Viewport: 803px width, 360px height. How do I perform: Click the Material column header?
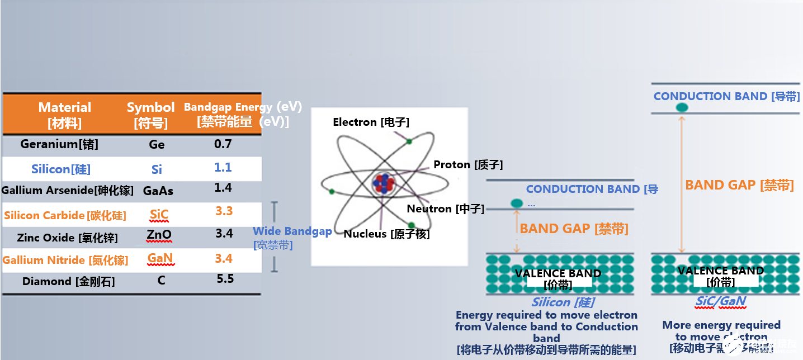coord(64,115)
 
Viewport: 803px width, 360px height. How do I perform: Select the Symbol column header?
coord(150,115)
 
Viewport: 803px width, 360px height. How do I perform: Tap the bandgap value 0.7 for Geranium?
coord(223,144)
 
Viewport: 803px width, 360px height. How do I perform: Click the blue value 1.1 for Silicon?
coord(223,168)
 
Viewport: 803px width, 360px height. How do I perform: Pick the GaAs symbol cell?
coord(158,191)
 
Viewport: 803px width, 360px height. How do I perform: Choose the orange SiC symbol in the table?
coord(159,215)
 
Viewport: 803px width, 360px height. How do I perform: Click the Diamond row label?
coord(68,282)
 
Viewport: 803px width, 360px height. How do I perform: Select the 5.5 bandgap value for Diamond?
coord(225,279)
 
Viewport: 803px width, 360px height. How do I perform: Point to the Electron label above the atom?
coord(371,122)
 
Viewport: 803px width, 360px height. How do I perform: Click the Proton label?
coord(468,164)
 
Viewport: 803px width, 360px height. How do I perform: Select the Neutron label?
coord(445,209)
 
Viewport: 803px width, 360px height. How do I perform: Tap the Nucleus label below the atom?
coord(386,234)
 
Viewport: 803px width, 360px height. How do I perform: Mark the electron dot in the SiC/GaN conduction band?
coord(682,107)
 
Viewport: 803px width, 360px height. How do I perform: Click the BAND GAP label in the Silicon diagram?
coord(574,228)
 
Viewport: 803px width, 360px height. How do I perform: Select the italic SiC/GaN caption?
coord(720,301)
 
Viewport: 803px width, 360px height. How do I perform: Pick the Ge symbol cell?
coord(157,145)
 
